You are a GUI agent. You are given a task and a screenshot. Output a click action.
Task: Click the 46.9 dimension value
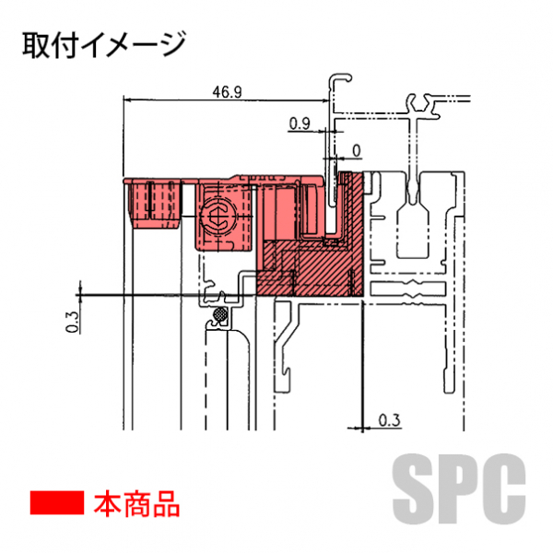pos(226,91)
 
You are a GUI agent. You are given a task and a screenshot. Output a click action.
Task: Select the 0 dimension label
pos(356,148)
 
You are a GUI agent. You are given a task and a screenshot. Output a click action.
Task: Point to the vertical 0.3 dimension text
pos(73,321)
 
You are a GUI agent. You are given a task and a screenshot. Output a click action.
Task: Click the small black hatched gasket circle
pos(221,317)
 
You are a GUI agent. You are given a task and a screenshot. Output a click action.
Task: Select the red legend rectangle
pos(57,503)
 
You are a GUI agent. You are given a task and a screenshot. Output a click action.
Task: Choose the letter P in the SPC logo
pos(460,486)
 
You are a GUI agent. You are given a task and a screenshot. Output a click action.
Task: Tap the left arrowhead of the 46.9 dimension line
pos(127,100)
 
